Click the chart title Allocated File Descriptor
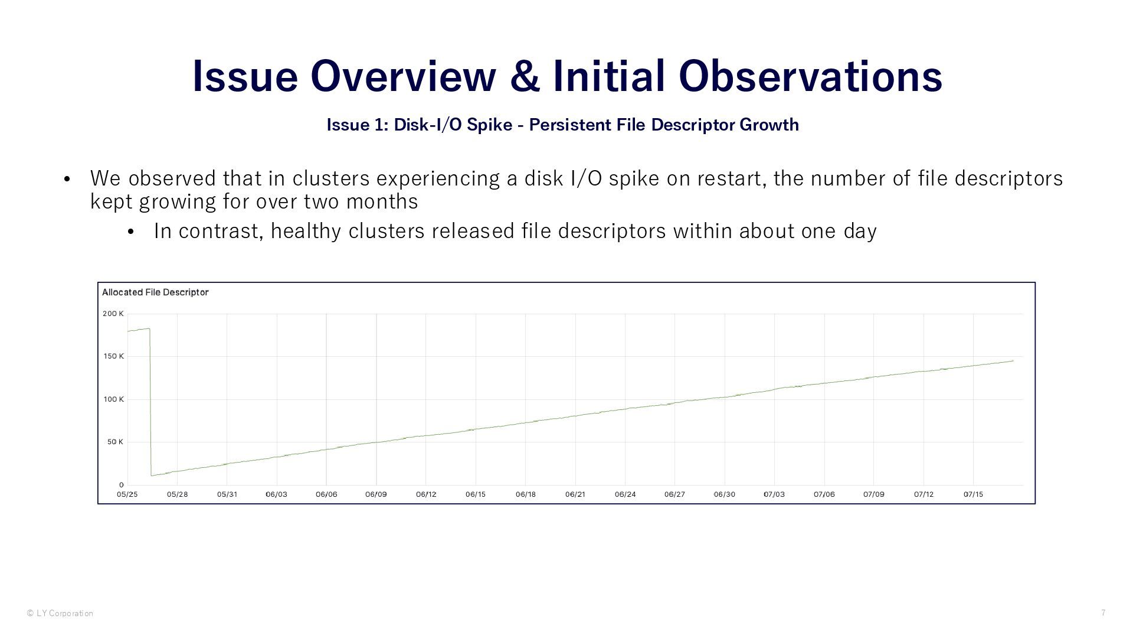click(x=155, y=292)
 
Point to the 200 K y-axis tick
click(x=113, y=314)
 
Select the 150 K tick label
click(x=113, y=356)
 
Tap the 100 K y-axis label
click(x=113, y=399)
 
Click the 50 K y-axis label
click(x=115, y=442)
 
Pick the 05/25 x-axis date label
click(x=127, y=494)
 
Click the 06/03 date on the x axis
click(x=276, y=494)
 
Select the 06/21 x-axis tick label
click(x=575, y=494)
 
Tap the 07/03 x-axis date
click(x=774, y=494)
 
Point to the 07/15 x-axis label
click(x=973, y=494)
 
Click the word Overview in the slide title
click(x=403, y=76)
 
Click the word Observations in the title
click(x=810, y=76)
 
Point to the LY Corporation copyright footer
click(x=60, y=613)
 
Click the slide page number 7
click(x=1103, y=613)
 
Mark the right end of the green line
click(x=1013, y=360)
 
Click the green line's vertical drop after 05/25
click(x=150, y=402)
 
